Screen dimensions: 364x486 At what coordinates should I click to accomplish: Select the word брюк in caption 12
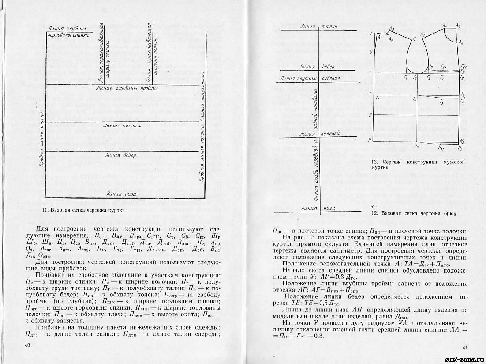(448, 214)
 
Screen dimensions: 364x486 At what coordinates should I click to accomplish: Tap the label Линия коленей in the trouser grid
(320, 133)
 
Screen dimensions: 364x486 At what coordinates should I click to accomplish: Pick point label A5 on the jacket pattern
(458, 26)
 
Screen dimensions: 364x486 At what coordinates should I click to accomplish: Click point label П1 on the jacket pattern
(422, 34)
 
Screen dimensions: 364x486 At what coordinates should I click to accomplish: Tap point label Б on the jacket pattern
(371, 115)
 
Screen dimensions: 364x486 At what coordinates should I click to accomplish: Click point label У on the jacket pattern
(371, 52)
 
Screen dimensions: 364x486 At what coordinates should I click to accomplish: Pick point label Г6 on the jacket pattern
(442, 77)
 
